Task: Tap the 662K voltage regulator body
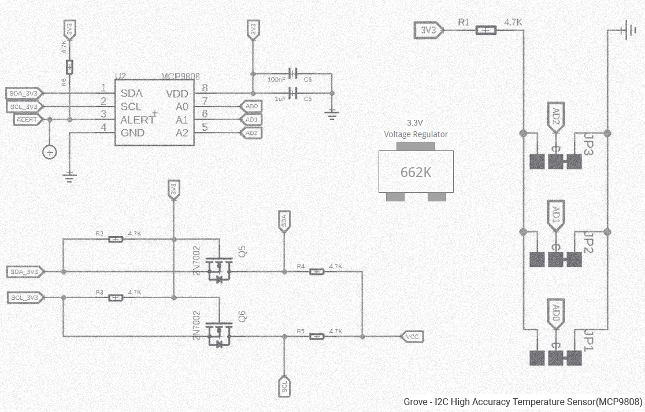416,171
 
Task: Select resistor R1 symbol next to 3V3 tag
486,30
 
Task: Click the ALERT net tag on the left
28,119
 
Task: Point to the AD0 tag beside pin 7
251,106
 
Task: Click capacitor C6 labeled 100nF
294,73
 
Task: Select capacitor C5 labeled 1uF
294,93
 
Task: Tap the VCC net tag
412,336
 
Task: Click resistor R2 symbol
116,240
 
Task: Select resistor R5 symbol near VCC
316,336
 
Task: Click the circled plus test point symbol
50,152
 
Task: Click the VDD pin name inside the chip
177,93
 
